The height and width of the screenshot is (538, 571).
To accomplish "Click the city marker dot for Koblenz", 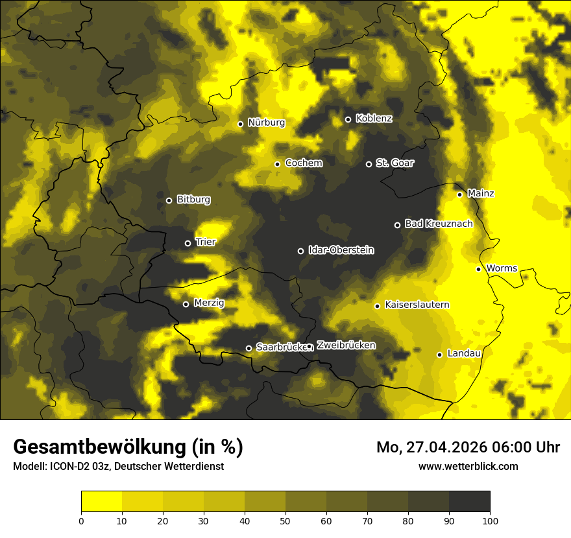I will tap(348, 119).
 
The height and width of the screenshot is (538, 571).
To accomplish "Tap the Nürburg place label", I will tap(266, 123).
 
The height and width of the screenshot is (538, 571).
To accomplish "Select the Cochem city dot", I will tap(277, 164).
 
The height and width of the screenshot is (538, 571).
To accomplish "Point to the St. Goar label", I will tap(395, 163).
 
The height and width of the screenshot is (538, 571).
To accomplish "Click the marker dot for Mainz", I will tap(459, 194).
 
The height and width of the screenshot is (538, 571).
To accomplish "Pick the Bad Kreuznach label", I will tap(439, 224).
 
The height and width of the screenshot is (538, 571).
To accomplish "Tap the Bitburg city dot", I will tap(169, 200).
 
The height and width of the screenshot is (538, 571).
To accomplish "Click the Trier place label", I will tap(206, 242).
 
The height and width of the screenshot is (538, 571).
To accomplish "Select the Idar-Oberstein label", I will tap(341, 250).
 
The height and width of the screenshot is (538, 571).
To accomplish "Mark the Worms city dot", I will tap(478, 269).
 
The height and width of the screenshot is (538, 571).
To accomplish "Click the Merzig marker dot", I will tap(186, 304).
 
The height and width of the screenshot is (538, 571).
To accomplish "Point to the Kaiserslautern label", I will tap(417, 305).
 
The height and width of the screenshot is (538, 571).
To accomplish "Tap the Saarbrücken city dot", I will tap(249, 348).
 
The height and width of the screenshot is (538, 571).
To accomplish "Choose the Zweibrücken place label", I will tap(346, 345).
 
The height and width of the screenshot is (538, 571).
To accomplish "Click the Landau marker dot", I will tap(439, 355).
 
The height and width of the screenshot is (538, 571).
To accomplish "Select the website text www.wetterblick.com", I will tap(468, 466).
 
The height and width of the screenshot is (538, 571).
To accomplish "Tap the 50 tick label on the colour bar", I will tap(285, 520).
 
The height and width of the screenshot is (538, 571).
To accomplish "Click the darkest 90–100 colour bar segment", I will tap(469, 502).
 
